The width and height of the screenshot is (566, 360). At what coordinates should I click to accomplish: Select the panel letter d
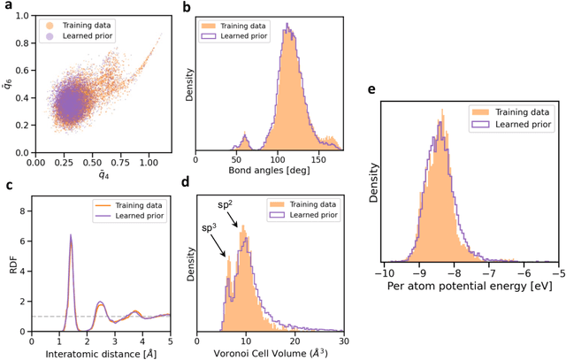click(x=210, y=185)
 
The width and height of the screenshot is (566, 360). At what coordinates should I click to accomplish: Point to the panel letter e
click(x=370, y=88)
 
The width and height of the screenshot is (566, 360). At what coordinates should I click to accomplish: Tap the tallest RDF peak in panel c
click(x=71, y=236)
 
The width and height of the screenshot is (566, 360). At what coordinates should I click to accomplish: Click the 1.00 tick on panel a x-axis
click(x=150, y=162)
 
